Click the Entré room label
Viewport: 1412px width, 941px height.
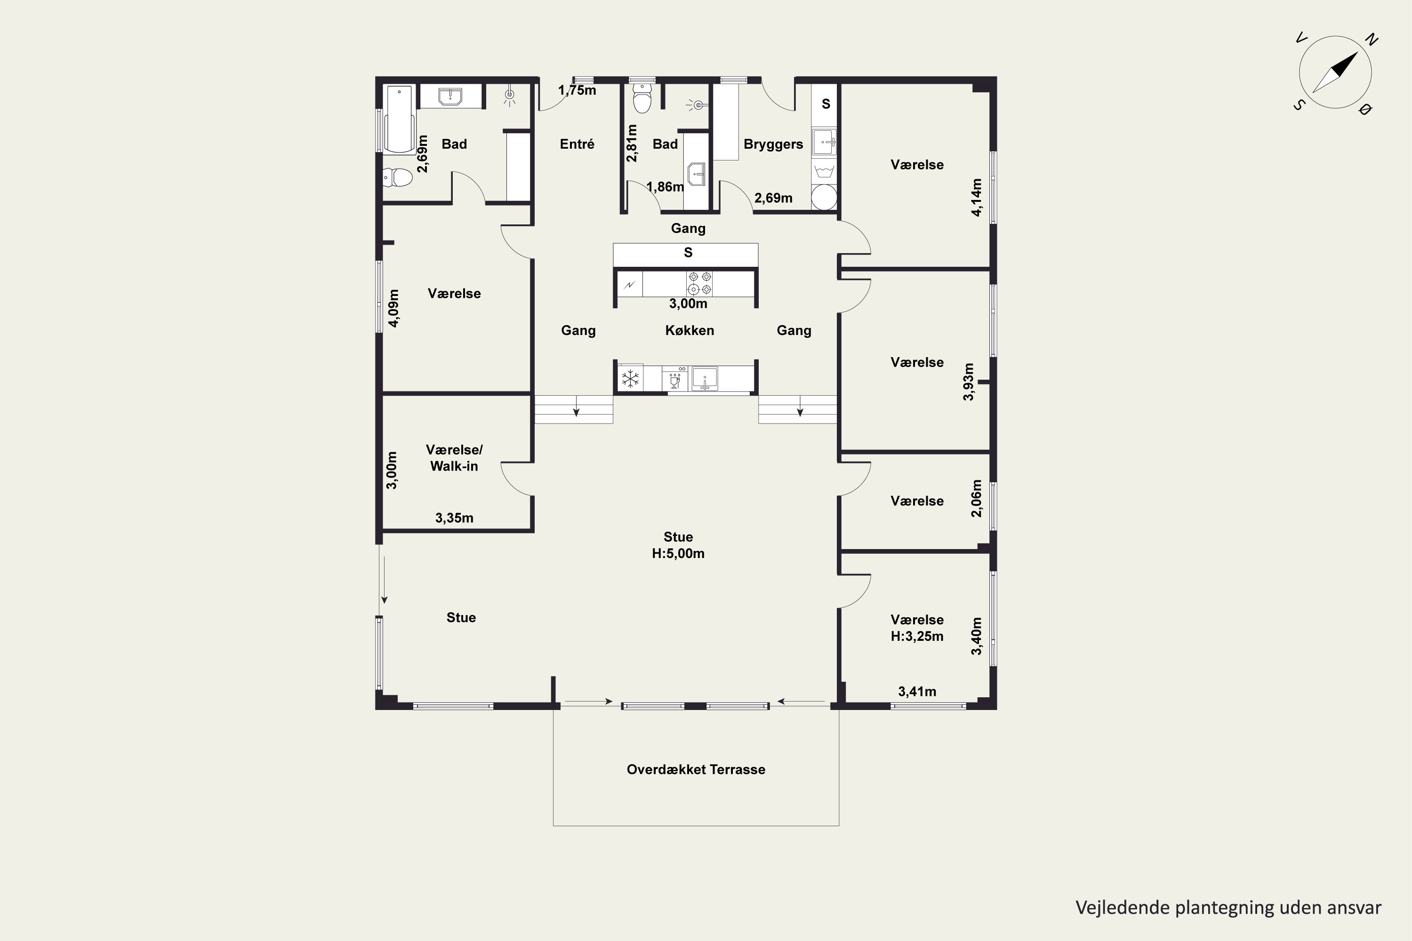pos(577,144)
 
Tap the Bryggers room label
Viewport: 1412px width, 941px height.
pos(773,144)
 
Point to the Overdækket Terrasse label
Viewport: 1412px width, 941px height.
pos(696,770)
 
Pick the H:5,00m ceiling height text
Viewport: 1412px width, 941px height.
pos(678,553)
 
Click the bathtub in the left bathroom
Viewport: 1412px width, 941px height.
pos(399,120)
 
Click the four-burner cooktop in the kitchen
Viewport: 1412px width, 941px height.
pos(699,283)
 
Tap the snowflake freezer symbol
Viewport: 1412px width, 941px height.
pos(630,379)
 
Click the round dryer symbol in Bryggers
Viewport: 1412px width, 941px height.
pos(824,197)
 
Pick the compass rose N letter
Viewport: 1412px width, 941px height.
pos(1371,40)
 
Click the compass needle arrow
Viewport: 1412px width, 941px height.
pos(1335,72)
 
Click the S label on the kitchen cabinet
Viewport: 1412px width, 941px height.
pos(688,253)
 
